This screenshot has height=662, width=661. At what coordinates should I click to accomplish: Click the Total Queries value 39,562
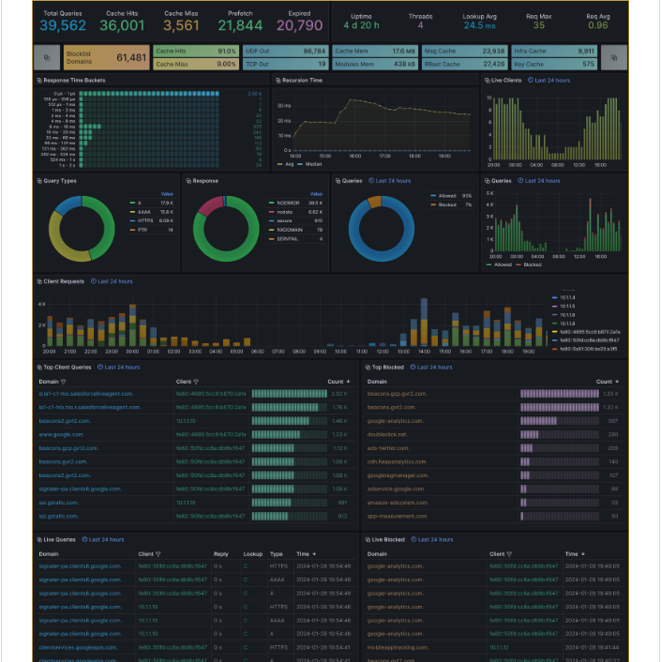click(x=63, y=25)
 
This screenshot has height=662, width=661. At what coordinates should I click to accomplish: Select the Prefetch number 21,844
click(x=240, y=25)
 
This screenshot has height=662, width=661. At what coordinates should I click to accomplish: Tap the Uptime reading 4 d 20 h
click(x=361, y=25)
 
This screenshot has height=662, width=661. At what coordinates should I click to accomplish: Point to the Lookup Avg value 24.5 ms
click(x=479, y=25)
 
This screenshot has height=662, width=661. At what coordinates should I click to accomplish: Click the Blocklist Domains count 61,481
click(x=131, y=57)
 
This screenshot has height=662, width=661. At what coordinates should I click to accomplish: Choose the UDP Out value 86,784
click(x=314, y=51)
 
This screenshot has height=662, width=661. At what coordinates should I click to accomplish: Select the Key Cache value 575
click(x=587, y=64)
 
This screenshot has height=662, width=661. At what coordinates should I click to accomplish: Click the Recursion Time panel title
click(x=303, y=81)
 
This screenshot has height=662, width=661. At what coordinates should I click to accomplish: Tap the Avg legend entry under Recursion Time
click(x=289, y=164)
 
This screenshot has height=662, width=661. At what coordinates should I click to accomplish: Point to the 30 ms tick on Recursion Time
click(x=284, y=105)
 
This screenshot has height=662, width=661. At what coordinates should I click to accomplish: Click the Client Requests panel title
click(x=64, y=281)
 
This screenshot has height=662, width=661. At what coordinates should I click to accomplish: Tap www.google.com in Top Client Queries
click(x=61, y=434)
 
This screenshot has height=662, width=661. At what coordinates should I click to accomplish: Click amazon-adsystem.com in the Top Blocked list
click(x=398, y=503)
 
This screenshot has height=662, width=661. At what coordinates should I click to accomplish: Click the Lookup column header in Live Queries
click(x=252, y=554)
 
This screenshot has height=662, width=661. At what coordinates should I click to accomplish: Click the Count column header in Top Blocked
click(x=604, y=382)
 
